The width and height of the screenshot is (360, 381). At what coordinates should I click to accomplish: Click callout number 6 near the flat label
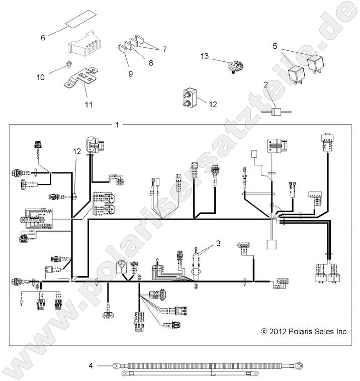click(43, 37)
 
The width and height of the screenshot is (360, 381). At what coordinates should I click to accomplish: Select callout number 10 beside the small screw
click(41, 77)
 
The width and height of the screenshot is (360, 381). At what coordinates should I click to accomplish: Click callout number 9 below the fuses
click(130, 73)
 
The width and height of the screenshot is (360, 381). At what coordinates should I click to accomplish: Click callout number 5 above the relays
click(275, 46)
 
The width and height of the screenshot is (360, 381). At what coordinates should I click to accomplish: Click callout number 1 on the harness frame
click(117, 125)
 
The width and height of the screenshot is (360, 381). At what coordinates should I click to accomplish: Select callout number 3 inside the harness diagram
click(218, 244)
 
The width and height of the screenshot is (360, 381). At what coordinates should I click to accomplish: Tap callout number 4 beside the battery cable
click(91, 365)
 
